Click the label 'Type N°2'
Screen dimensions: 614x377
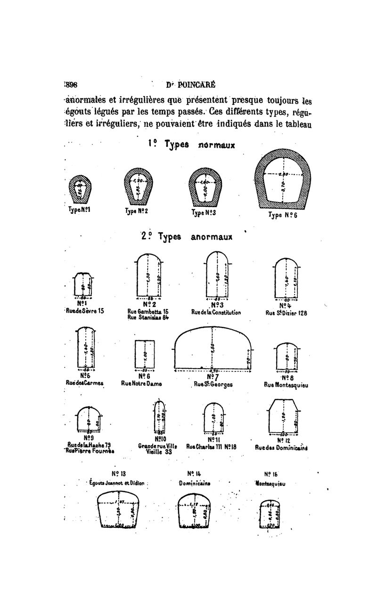click(137, 211)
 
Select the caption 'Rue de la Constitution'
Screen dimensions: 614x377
click(216, 312)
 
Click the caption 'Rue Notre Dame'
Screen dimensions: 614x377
click(142, 384)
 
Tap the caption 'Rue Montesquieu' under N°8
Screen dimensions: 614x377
click(287, 385)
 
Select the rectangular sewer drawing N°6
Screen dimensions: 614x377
click(145, 355)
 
